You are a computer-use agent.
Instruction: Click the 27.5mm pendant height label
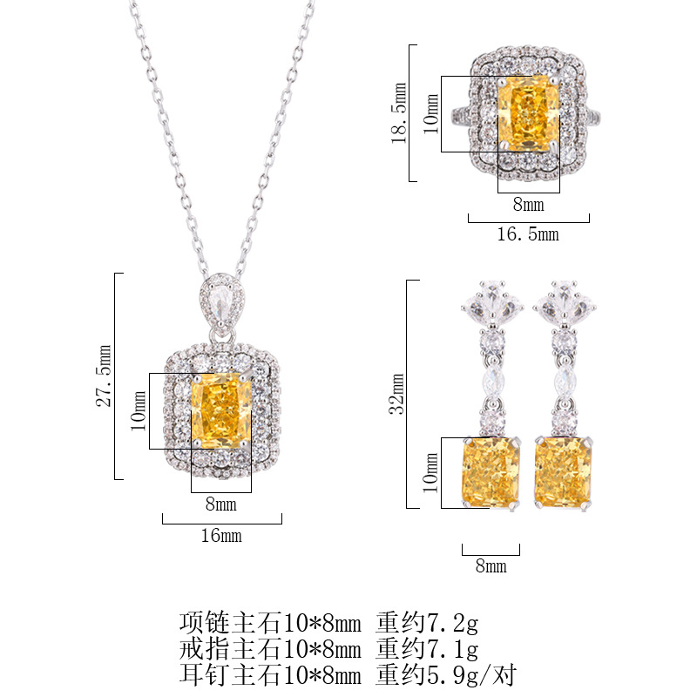point(104,376)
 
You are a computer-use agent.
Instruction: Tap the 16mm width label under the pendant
point(221,536)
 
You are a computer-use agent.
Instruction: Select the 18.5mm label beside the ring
point(399,113)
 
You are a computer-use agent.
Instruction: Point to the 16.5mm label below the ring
point(528,233)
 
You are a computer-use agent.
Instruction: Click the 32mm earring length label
point(396,394)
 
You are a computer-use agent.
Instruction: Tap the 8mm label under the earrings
point(491,565)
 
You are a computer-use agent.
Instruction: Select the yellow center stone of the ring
point(529,114)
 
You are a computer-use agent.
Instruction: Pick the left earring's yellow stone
point(491,472)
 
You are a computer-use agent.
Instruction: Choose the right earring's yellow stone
point(563,472)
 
